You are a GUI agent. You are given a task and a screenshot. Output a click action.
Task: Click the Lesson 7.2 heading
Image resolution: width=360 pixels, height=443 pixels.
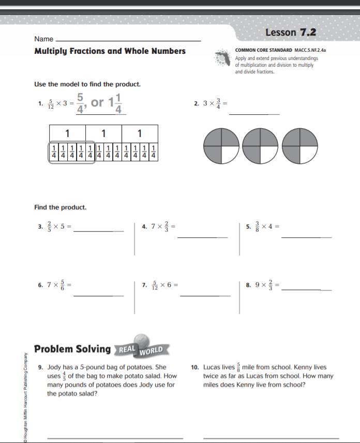pyautogui.click(x=290, y=33)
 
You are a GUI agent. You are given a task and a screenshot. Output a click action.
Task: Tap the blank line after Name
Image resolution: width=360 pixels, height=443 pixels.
pyautogui.click(x=128, y=40)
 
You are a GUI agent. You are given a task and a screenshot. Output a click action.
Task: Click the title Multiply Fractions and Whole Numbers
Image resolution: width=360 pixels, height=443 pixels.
pyautogui.click(x=110, y=51)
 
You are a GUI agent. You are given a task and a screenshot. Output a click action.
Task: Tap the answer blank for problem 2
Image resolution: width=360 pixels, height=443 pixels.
pyautogui.click(x=254, y=113)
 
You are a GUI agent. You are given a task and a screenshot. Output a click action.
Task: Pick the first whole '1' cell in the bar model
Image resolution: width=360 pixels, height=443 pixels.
pyautogui.click(x=67, y=133)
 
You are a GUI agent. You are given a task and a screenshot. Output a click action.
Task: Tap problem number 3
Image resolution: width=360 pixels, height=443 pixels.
pyautogui.click(x=40, y=226)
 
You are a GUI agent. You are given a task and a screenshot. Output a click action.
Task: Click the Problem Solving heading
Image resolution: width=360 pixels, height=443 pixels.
pyautogui.click(x=72, y=349)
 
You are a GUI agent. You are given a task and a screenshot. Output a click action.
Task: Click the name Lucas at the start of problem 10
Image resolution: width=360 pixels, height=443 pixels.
pyautogui.click(x=212, y=368)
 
